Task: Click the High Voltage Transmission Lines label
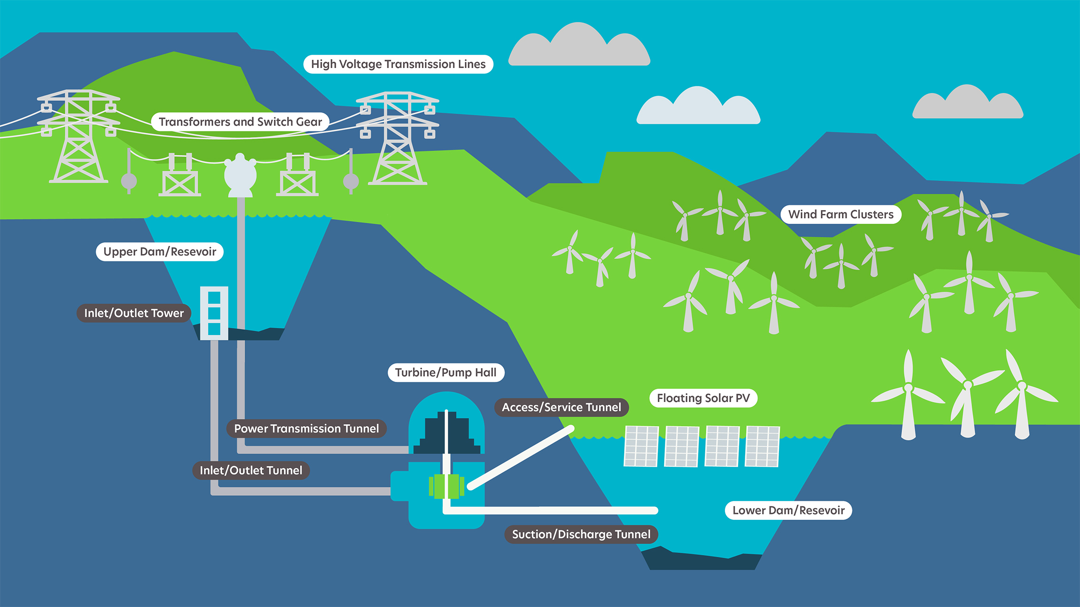[x=398, y=64]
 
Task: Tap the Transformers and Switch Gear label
[x=240, y=122]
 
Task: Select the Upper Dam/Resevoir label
[x=160, y=252]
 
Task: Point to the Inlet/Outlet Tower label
[x=134, y=313]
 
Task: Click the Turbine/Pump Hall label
[x=446, y=373]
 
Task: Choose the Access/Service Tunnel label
[x=561, y=407]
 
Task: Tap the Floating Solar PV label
[x=703, y=398]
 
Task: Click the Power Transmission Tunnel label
[x=306, y=429]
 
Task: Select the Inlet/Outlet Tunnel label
[x=251, y=470]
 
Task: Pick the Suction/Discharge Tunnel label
[x=581, y=534]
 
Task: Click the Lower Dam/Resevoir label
[x=788, y=510]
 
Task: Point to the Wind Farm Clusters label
[x=841, y=214]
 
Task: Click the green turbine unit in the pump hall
[x=447, y=486]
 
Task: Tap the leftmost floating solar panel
[x=641, y=446]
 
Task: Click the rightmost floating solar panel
[x=763, y=446]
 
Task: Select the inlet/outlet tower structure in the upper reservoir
[x=214, y=313]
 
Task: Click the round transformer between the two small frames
[x=240, y=175]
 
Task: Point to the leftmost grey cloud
[x=579, y=44]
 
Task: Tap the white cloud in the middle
[x=698, y=106]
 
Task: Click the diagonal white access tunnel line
[x=521, y=457]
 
